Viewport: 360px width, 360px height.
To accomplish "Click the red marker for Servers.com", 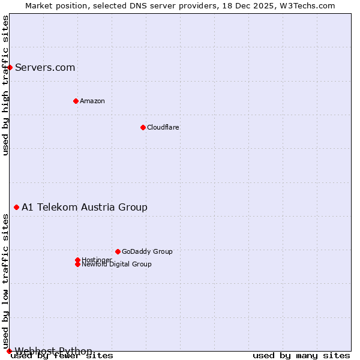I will coord(10,67).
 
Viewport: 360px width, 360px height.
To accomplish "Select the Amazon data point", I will coord(76,101).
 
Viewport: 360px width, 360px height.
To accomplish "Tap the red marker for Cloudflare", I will coord(143,127).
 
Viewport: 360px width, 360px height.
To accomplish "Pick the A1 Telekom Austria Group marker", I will coord(16,207).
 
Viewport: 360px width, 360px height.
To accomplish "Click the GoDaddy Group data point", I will coord(118,251).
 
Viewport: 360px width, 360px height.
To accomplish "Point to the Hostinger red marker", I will coord(77,260).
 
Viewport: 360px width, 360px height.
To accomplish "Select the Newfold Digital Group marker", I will coord(77,264).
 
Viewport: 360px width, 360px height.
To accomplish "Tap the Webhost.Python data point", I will coord(9,351).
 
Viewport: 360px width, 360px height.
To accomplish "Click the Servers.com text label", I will coord(45,67).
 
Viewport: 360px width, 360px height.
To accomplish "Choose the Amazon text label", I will coord(92,101).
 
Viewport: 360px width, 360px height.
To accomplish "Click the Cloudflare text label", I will coord(163,127).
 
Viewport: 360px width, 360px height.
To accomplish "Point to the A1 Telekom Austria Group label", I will coord(85,207).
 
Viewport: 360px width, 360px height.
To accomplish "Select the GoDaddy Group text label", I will coord(147,251).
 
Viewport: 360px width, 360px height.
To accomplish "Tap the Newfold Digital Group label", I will coord(116,265).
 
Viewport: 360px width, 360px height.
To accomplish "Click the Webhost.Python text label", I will coord(53,351).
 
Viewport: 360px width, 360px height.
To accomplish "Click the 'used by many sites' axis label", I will coord(301,356).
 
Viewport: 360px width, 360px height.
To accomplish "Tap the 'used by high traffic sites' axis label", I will coord(5,86).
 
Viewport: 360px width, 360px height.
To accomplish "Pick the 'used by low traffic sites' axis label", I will coord(5,282).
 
